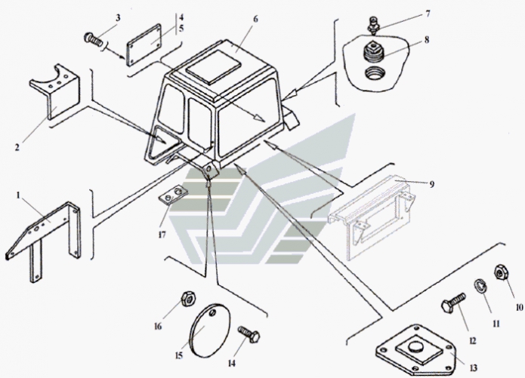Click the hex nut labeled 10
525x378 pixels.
click(500, 272)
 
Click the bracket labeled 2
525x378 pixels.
click(54, 94)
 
